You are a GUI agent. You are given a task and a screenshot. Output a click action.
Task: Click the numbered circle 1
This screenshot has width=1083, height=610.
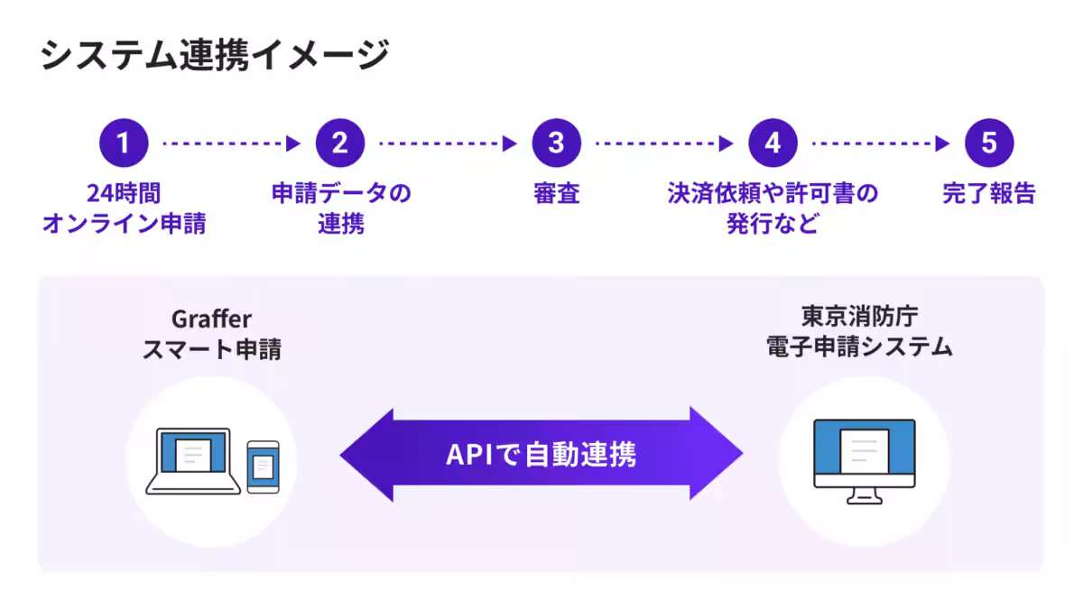tap(124, 143)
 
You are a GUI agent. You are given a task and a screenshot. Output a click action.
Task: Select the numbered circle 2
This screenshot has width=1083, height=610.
tap(340, 143)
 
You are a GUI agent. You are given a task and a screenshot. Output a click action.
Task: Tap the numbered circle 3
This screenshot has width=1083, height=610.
tap(557, 143)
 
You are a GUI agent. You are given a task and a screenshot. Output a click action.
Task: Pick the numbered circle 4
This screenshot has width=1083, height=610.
tap(773, 143)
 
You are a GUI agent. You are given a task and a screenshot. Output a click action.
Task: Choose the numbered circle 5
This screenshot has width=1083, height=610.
tap(989, 143)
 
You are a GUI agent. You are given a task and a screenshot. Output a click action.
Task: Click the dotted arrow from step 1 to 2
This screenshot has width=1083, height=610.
tap(231, 143)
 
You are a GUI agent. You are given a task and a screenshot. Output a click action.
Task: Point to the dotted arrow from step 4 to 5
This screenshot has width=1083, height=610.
tap(881, 143)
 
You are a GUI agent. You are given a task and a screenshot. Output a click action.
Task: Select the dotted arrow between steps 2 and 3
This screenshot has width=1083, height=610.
tap(448, 143)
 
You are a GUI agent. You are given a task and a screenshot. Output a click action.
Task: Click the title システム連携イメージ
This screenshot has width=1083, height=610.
tap(215, 56)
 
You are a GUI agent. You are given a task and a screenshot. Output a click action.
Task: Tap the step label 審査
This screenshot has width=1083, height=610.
tap(557, 193)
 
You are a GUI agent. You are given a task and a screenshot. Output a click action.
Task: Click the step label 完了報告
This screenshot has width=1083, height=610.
tap(989, 193)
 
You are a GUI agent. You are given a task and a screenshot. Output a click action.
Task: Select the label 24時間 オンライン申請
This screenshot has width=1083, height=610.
tap(124, 208)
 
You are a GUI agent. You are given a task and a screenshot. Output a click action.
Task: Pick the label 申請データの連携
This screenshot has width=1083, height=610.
tap(340, 208)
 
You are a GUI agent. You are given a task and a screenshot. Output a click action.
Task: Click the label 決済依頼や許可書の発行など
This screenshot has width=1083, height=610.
tap(773, 208)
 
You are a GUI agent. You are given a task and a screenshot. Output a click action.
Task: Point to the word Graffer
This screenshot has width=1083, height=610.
tap(211, 319)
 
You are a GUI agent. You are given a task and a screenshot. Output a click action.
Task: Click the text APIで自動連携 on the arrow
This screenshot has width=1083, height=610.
tap(541, 454)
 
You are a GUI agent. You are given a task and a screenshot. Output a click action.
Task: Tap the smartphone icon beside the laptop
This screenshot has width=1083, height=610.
tap(263, 467)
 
